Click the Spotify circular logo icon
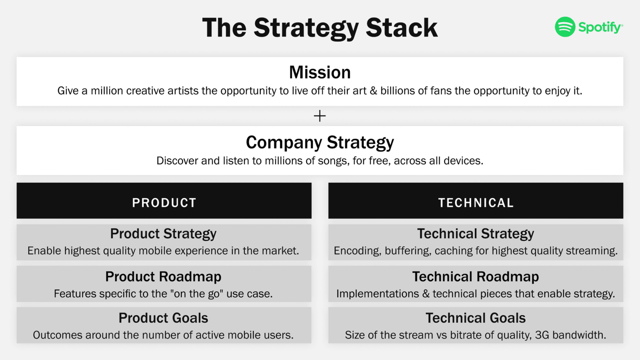click(565, 27)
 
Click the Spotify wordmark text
click(600, 28)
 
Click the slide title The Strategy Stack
click(320, 28)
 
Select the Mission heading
click(320, 73)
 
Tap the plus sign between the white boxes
click(320, 116)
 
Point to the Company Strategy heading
click(320, 142)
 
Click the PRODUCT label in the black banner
click(164, 203)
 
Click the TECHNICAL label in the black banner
click(476, 203)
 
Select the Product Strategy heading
click(163, 234)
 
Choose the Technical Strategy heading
click(475, 234)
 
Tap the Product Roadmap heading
click(163, 277)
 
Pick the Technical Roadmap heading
click(475, 277)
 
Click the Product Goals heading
click(163, 318)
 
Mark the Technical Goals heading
click(475, 318)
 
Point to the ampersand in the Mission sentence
click(373, 91)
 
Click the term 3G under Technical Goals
click(542, 335)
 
